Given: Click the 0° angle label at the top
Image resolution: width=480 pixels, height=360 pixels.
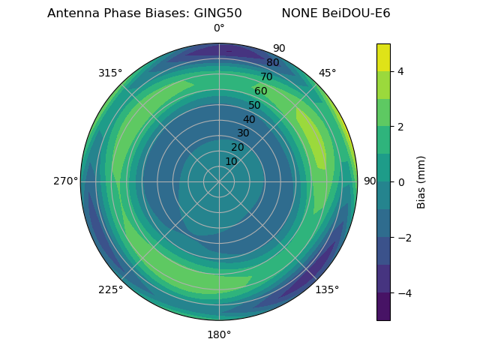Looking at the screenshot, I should (x=219, y=28).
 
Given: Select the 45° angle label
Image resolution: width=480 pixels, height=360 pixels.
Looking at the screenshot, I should (x=327, y=73).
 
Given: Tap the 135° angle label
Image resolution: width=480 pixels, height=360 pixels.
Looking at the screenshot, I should (x=327, y=289).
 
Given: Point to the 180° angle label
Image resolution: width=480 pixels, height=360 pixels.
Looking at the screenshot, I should (x=219, y=334).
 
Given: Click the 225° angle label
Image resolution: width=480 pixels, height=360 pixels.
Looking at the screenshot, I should (x=110, y=290).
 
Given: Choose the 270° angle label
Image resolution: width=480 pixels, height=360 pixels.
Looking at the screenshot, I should (x=65, y=181).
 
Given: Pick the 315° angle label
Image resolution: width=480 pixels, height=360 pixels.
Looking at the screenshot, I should (x=110, y=73).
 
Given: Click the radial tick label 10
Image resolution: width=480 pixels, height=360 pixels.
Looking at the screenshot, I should (x=231, y=162).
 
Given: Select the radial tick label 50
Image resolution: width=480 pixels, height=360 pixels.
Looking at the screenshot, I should (x=255, y=106).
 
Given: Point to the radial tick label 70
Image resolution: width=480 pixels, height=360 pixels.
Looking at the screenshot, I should (x=267, y=77).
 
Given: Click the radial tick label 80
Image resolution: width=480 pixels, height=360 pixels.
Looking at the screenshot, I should (x=273, y=63).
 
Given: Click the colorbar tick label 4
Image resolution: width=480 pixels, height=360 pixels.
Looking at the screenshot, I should (x=400, y=71).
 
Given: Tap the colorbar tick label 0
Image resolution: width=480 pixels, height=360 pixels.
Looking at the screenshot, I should (x=400, y=182).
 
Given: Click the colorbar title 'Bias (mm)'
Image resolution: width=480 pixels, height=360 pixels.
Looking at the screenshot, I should (x=421, y=182).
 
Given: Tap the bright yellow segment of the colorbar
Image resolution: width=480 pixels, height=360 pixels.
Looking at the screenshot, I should (x=383, y=57).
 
